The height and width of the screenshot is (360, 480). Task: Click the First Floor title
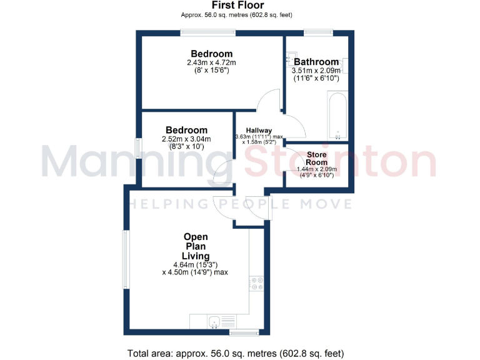pos(237,6)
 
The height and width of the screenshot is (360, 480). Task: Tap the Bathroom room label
pos(316,62)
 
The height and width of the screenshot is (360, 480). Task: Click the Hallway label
pos(258,130)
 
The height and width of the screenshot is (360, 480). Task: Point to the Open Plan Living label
pos(196,246)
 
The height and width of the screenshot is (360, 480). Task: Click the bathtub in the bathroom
pos(337,116)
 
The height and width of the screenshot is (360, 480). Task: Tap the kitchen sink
pos(214,322)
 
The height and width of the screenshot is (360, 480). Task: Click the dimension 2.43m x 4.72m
pos(211,63)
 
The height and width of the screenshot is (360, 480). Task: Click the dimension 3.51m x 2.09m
pos(316,71)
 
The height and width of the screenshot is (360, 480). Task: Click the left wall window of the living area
pos(126,259)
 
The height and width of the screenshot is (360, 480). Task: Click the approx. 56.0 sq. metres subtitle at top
pos(237,14)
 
